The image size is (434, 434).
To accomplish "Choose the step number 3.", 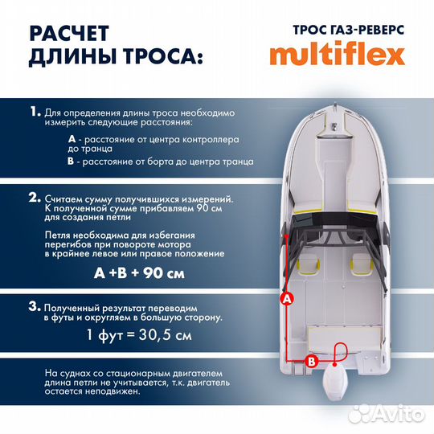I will [33, 306].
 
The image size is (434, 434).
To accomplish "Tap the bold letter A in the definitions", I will [73, 139].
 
